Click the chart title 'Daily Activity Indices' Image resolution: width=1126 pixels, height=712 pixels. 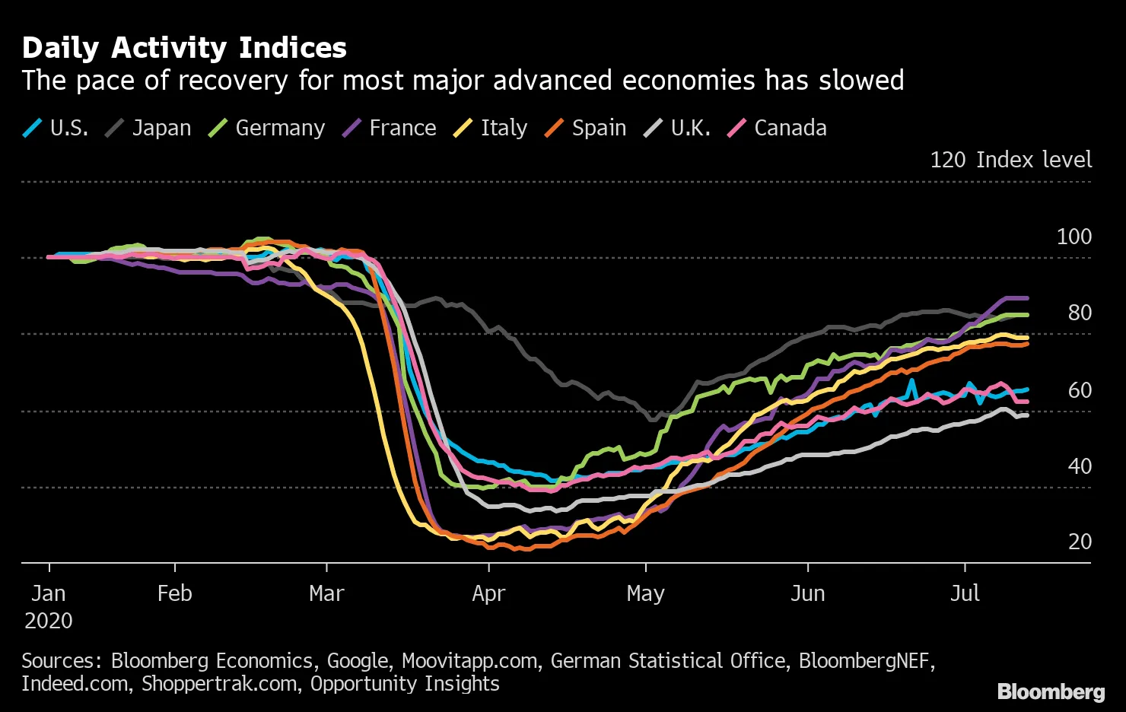click(x=184, y=48)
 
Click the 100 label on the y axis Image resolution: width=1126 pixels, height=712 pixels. click(x=1074, y=237)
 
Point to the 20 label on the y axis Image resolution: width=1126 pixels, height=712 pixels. click(x=1080, y=542)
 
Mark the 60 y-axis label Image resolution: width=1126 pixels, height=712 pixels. click(x=1080, y=390)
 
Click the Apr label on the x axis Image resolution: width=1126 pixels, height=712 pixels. click(x=488, y=593)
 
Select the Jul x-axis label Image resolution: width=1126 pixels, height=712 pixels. click(x=965, y=593)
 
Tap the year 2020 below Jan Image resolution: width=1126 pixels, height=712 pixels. click(x=49, y=621)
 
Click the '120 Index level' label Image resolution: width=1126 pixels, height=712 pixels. click(x=1010, y=160)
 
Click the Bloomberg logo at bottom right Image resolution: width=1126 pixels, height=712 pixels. click(x=1051, y=691)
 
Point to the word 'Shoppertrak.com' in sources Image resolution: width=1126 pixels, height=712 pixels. click(x=219, y=684)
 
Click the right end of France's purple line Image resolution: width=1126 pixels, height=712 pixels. click(x=1027, y=298)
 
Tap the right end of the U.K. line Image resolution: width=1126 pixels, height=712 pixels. click(x=1027, y=415)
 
